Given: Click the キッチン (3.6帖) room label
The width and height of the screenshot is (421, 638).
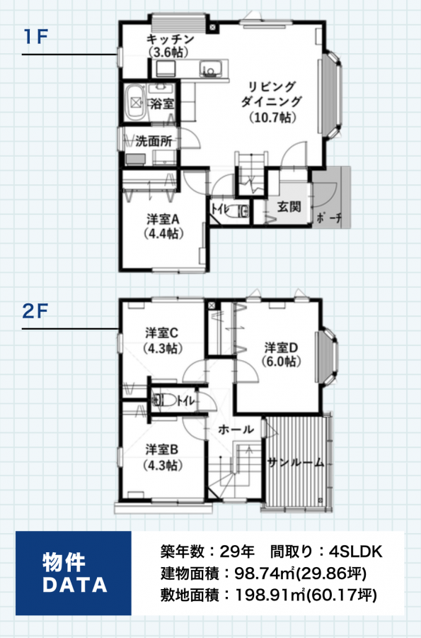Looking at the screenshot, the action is tap(169, 45).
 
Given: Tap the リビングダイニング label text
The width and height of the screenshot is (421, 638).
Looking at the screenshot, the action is tap(272, 94).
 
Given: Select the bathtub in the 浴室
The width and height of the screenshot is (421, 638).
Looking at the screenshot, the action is tap(134, 102).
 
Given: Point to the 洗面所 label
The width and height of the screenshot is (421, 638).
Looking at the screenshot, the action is tap(154, 141).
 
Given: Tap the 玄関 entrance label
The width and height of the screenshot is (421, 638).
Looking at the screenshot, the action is tap(289, 207).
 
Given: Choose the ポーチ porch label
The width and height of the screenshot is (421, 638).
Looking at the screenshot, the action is tap(329, 218).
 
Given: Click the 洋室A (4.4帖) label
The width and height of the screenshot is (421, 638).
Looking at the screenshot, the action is tap(163, 226).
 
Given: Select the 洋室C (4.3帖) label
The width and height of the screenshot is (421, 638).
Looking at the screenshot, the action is tap(162, 340).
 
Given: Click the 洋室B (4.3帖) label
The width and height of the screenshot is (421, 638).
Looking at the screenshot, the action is tap(162, 457).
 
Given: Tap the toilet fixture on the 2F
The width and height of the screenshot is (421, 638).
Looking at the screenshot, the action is tap(163, 400).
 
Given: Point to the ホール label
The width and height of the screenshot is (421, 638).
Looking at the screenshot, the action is tap(236, 430).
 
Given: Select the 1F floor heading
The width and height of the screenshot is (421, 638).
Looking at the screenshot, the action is tap(36, 37).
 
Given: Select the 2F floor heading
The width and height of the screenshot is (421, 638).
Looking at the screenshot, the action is tap(35, 311).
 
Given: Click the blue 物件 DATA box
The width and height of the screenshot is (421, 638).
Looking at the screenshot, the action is tap(74, 573).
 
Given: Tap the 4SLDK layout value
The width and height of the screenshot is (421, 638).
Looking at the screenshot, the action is tap(356, 552).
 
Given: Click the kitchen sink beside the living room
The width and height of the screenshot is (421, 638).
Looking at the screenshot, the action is tap(210, 68).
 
